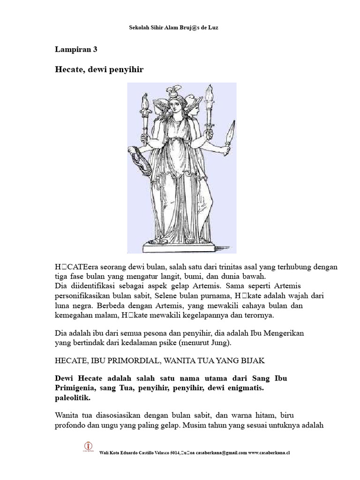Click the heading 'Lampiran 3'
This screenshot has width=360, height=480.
click(x=76, y=49)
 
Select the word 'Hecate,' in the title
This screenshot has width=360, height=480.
click(x=70, y=70)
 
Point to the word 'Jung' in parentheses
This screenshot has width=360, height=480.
click(x=221, y=343)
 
